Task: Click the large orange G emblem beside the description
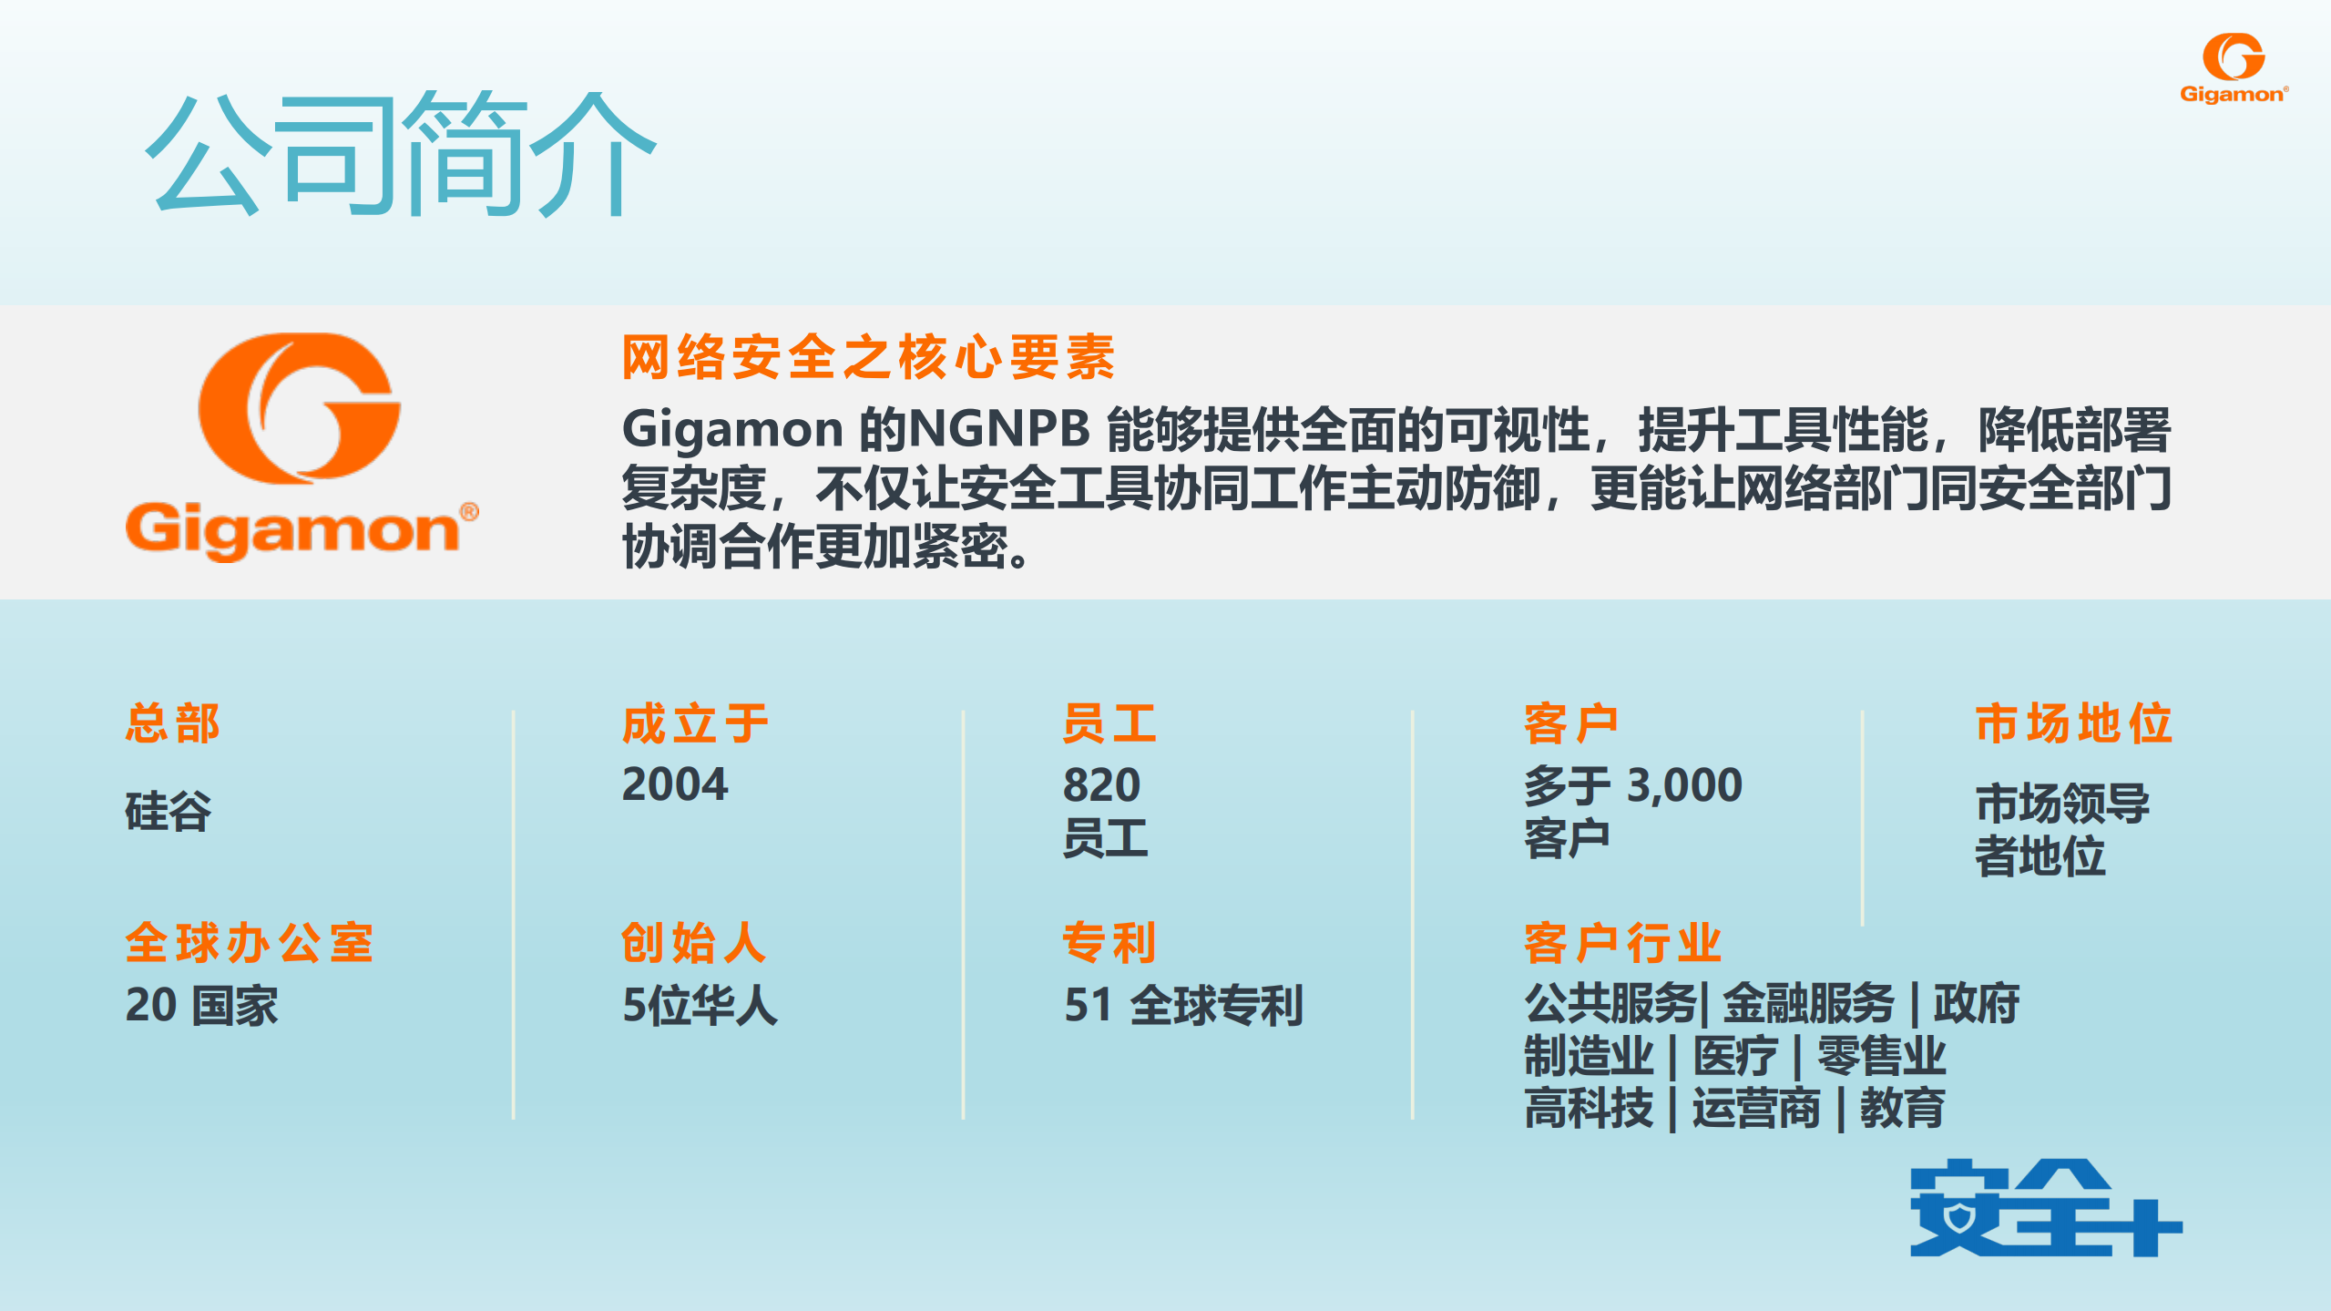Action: pyautogui.click(x=299, y=407)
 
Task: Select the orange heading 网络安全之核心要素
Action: pyautogui.click(x=868, y=356)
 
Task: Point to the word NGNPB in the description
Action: pyautogui.click(x=999, y=428)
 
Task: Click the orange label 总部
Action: pyautogui.click(x=173, y=723)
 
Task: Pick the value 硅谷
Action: pyautogui.click(x=169, y=811)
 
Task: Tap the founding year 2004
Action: pyautogui.click(x=675, y=784)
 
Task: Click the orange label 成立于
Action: pyautogui.click(x=695, y=723)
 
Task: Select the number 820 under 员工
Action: pyautogui.click(x=1101, y=784)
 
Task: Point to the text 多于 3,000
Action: pyautogui.click(x=1633, y=784)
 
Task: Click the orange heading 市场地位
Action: pyautogui.click(x=2073, y=723)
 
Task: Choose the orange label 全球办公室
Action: pyautogui.click(x=250, y=942)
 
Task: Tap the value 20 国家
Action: pyautogui.click(x=201, y=1006)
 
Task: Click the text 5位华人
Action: pyautogui.click(x=700, y=1006)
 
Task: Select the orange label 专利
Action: pyautogui.click(x=1109, y=942)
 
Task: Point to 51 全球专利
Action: pyautogui.click(x=1183, y=1006)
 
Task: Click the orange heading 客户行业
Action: pyautogui.click(x=1622, y=942)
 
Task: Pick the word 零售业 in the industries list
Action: pyautogui.click(x=1881, y=1057)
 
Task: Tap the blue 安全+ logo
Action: pyautogui.click(x=2045, y=1208)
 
